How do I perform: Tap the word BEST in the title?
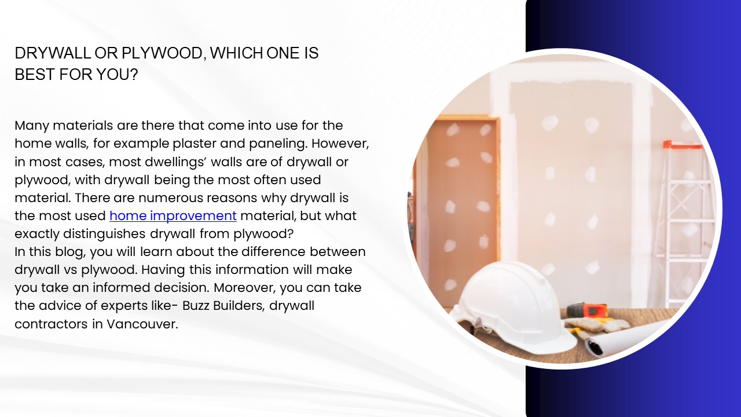point(32,75)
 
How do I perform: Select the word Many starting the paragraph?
point(32,126)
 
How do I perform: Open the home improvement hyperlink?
point(173,216)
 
